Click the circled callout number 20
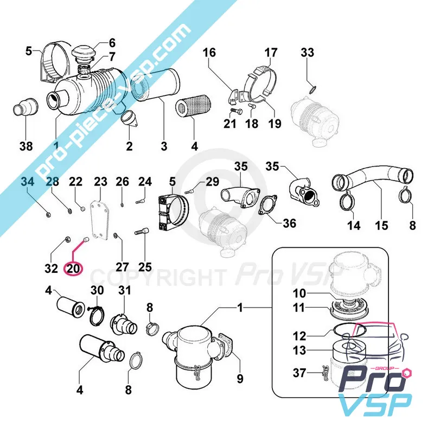[73, 268]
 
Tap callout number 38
[25, 146]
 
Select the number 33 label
[308, 53]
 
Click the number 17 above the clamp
[271, 53]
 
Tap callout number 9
[240, 378]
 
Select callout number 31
[125, 291]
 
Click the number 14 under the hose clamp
[354, 225]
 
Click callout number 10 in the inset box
[299, 293]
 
